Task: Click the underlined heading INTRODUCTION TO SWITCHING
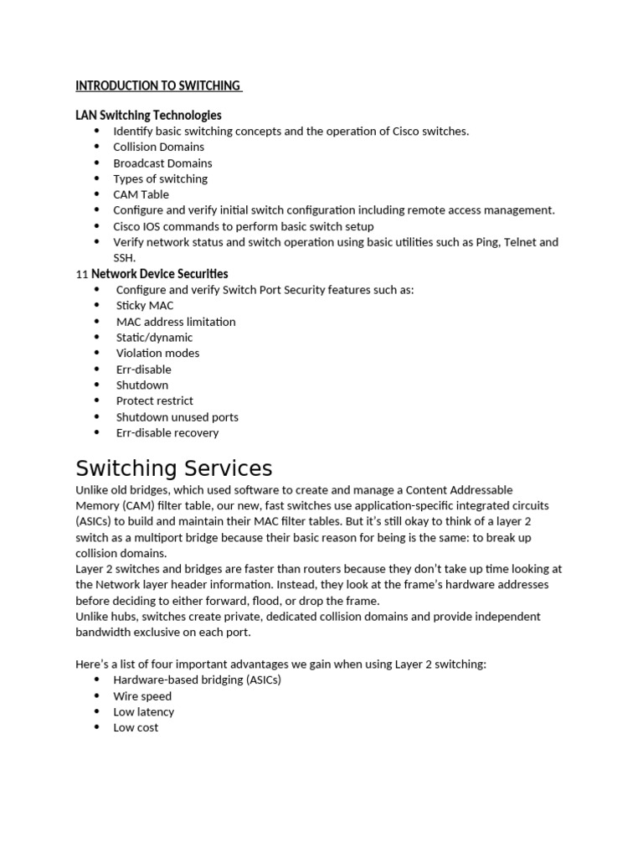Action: click(157, 85)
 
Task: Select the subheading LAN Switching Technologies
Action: click(148, 115)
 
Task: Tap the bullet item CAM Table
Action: click(141, 194)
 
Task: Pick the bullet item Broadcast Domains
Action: click(162, 163)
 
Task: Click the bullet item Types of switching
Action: click(160, 178)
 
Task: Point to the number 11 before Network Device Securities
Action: click(81, 274)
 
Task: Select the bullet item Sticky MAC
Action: click(145, 306)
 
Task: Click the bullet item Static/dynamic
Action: click(154, 338)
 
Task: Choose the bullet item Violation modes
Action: click(157, 353)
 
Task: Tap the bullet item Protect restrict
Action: click(154, 401)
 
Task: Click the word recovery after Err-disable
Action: click(196, 433)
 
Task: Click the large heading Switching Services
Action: click(173, 468)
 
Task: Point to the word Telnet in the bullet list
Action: click(518, 242)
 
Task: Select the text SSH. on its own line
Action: click(124, 257)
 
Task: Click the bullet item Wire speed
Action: click(142, 696)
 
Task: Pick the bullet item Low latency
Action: click(144, 712)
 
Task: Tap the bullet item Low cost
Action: click(136, 728)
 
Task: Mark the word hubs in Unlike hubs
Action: click(126, 617)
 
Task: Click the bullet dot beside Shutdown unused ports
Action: click(97, 417)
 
